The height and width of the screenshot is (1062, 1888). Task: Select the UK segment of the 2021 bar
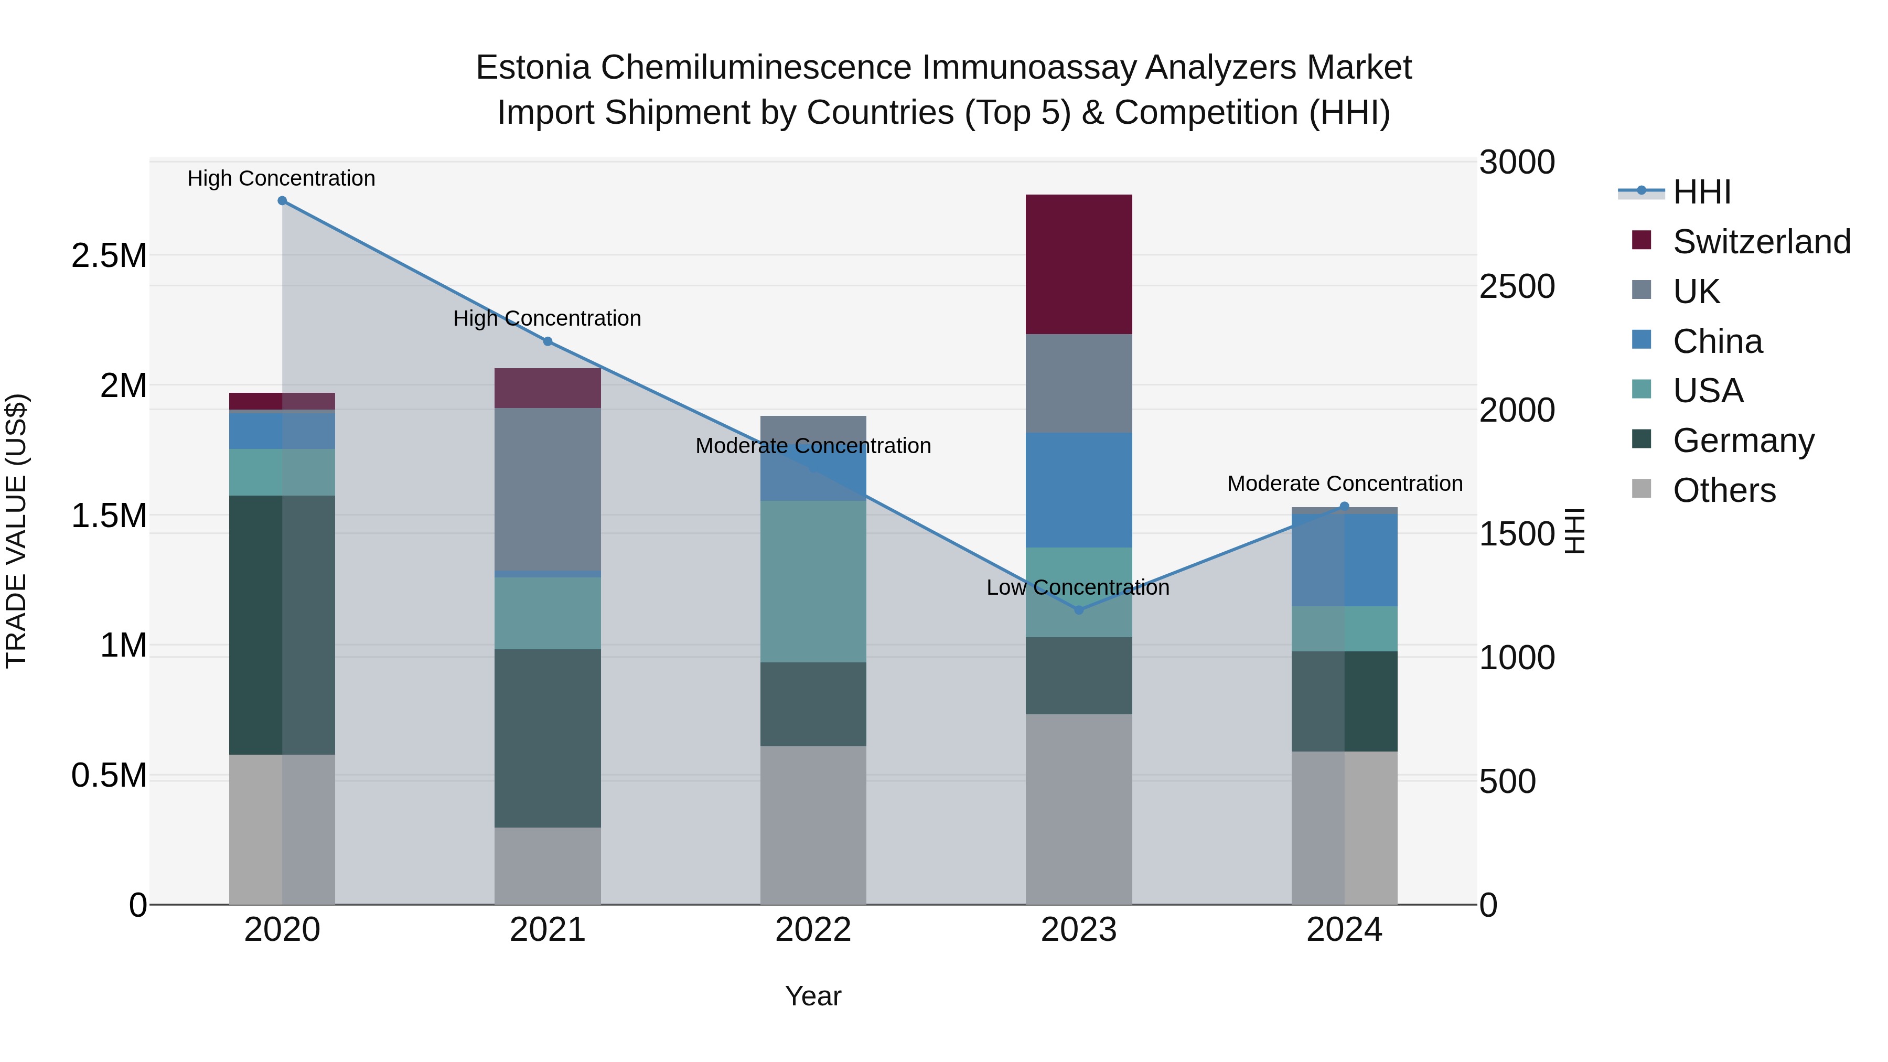pos(548,489)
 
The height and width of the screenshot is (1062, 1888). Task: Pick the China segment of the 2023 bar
pos(1078,490)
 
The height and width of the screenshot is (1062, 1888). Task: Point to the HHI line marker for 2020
pos(282,201)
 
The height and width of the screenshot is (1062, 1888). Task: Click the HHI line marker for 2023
pos(1078,610)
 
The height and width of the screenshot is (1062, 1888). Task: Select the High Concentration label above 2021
pos(547,319)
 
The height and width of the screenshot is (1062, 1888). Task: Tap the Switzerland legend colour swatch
pos(1642,240)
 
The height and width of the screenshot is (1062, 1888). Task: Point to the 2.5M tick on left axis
pos(109,256)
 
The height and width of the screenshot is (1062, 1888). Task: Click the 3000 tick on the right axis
pos(1516,163)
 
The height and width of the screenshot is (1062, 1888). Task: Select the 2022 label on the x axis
pos(813,930)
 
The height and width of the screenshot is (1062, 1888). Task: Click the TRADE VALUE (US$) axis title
pos(16,531)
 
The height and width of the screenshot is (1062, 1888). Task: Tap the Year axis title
pos(813,996)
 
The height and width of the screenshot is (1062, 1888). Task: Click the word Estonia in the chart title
pos(533,68)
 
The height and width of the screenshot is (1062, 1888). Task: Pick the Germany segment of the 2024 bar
pos(1344,701)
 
